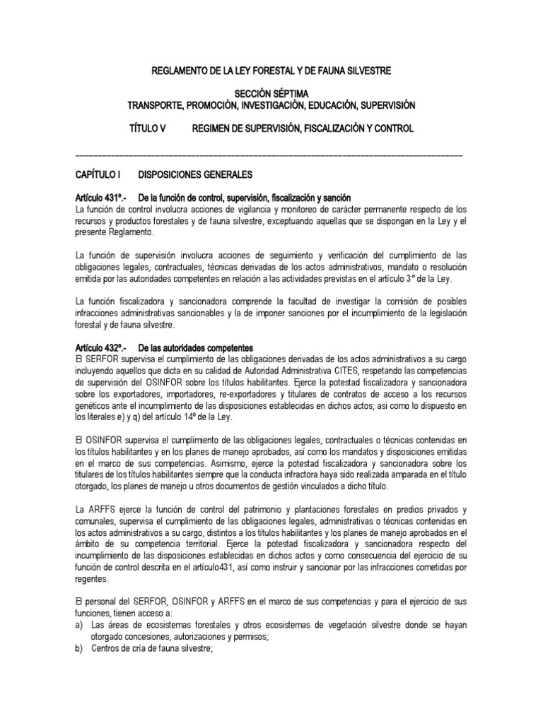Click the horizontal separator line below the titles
(269, 155)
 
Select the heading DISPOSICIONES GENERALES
(195, 174)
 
